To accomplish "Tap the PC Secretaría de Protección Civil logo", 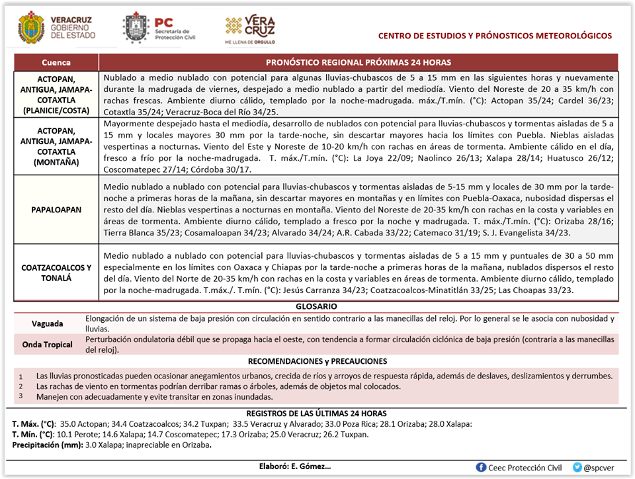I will [136, 27].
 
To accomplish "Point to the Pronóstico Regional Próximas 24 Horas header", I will [359, 63].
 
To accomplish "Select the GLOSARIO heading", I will [317, 306].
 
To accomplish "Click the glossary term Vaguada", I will [48, 324].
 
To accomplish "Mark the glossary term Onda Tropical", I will [48, 345].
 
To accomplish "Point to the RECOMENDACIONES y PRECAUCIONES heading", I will [317, 361].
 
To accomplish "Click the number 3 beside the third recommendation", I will [21, 396].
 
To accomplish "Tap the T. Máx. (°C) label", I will [33, 424].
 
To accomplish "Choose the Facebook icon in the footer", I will [482, 467].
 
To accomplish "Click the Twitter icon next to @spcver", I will [577, 467].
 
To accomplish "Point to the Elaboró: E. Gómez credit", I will [294, 466].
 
